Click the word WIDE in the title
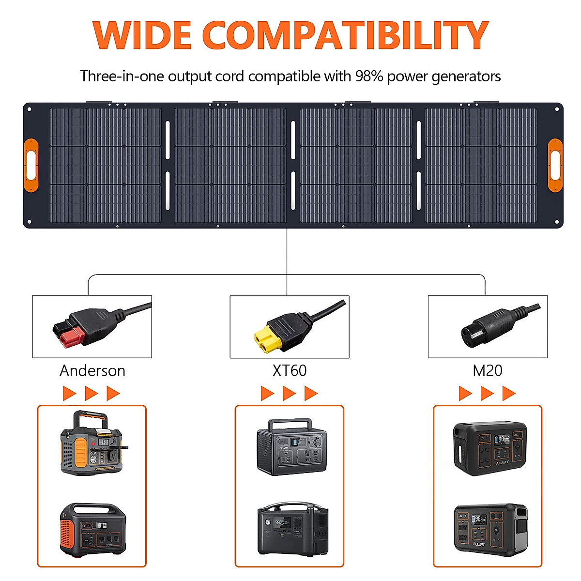tap(141, 35)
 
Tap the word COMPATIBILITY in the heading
tap(345, 35)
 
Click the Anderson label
tap(92, 371)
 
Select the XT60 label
tap(289, 371)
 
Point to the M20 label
tap(487, 371)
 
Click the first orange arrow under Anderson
tap(69, 393)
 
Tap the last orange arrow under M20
tap(508, 393)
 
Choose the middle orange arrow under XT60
tap(289, 393)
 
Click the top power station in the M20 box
tap(489, 448)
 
